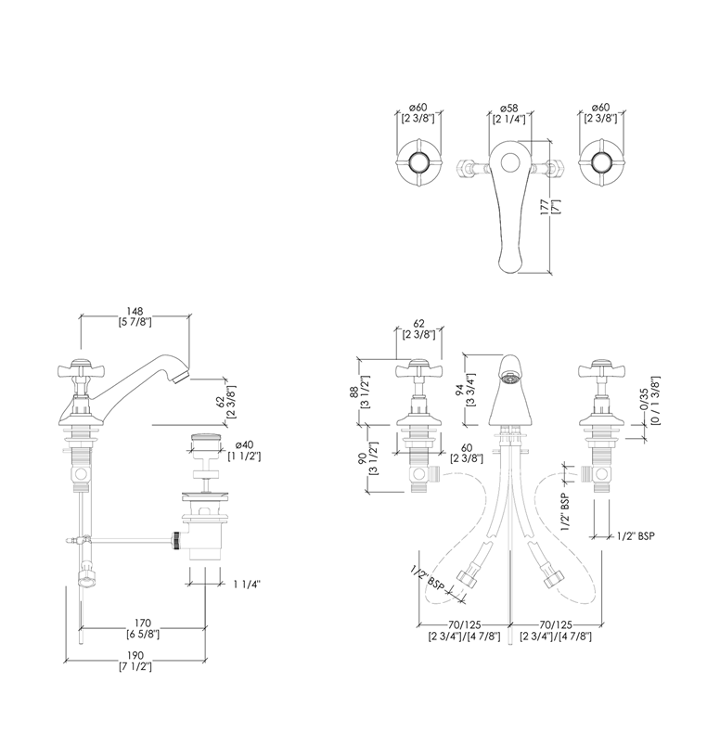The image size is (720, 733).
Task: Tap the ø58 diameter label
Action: (507, 109)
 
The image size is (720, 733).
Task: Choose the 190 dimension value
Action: (135, 656)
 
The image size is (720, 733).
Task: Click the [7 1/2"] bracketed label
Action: (135, 667)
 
